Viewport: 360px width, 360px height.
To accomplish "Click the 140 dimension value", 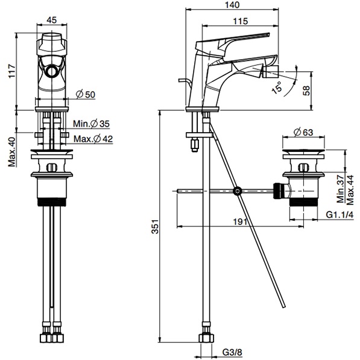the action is click(x=232, y=5).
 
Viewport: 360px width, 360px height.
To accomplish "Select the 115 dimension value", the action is click(x=241, y=21).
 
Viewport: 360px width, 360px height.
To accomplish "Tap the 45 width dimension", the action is click(x=51, y=21).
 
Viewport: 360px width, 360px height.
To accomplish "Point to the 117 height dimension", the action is click(x=12, y=71).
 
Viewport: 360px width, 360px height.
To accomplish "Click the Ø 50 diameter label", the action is click(x=86, y=94).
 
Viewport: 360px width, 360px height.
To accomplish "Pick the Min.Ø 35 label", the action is click(x=92, y=124).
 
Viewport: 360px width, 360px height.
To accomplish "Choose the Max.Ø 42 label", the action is click(x=93, y=139).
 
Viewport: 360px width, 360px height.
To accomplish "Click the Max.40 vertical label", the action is click(x=11, y=152).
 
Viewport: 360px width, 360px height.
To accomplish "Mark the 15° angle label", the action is click(x=277, y=87).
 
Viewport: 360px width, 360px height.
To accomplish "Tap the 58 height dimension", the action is click(x=306, y=90).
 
